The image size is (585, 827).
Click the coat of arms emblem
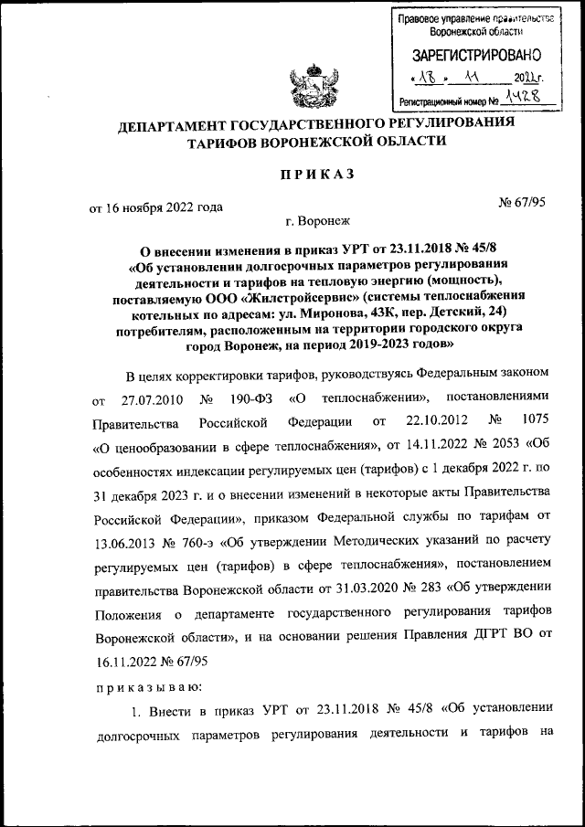tap(306, 87)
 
